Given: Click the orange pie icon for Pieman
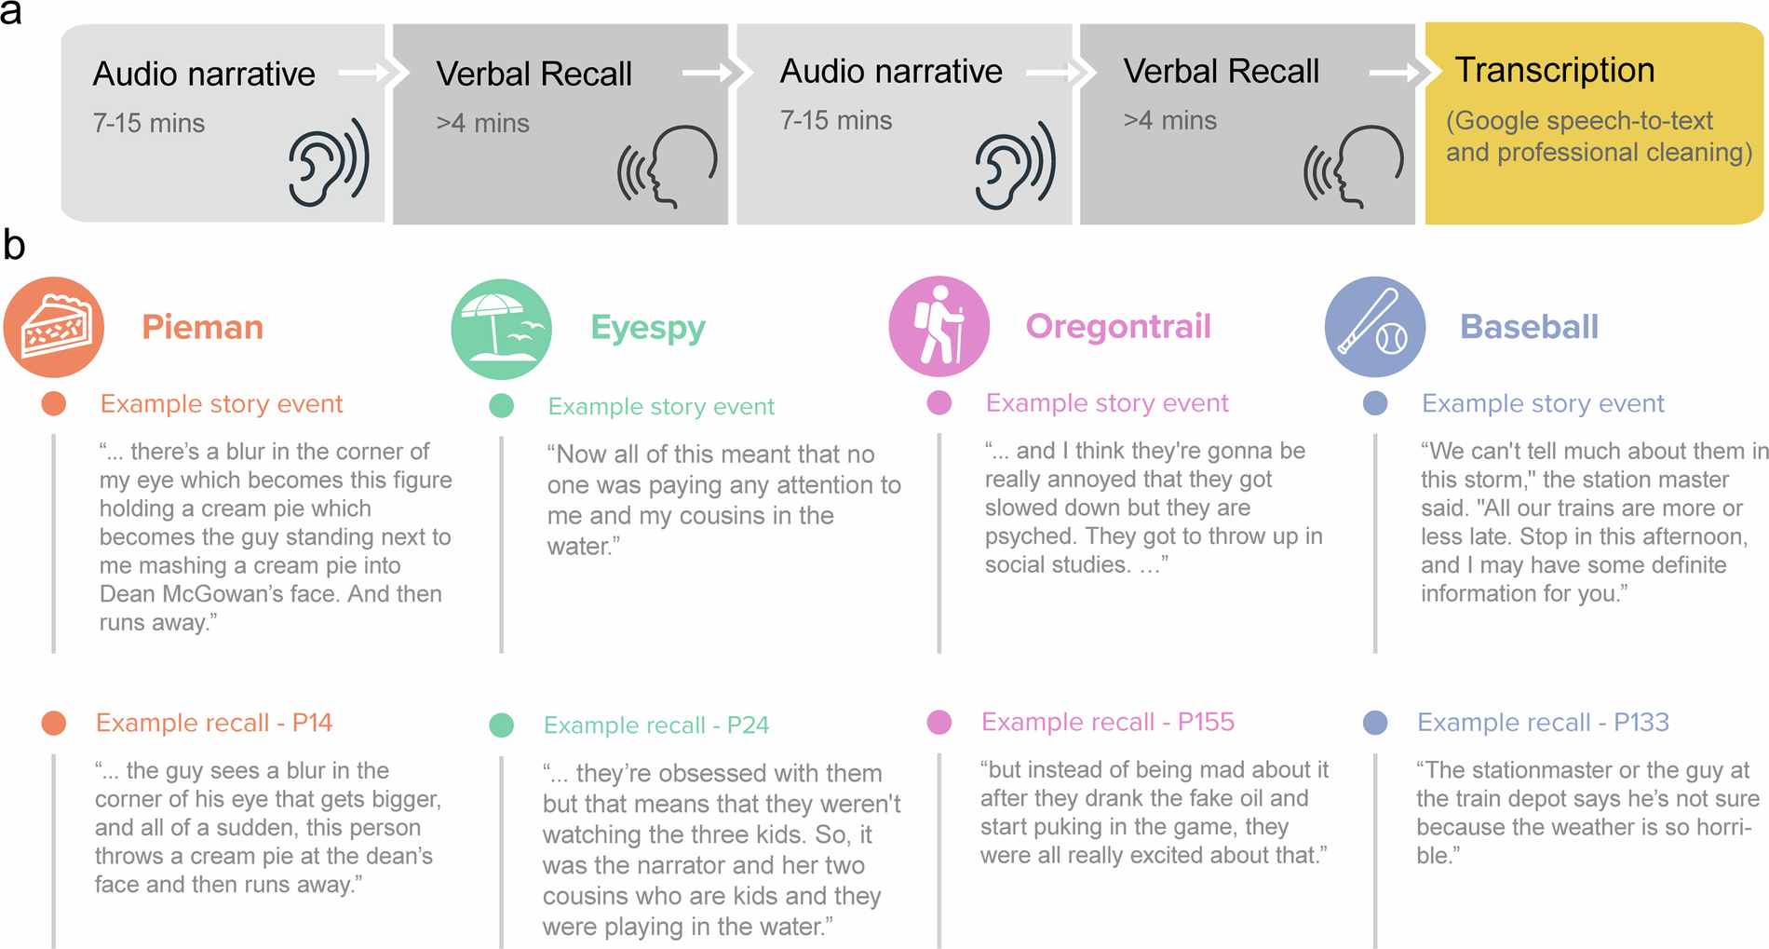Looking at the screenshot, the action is point(54,327).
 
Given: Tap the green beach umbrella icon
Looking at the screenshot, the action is point(501,329).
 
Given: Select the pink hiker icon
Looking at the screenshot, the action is point(939,326).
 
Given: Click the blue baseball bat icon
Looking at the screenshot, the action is point(1374,327).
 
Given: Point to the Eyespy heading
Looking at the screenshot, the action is point(648,328).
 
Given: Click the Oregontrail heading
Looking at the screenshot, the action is point(1117,326).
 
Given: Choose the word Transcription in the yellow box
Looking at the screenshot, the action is point(1554,70).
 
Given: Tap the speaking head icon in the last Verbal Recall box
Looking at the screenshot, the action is point(1354,166).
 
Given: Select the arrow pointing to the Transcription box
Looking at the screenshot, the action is point(1393,73).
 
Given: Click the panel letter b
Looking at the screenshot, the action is point(14,246).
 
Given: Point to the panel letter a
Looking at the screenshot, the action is point(11,13).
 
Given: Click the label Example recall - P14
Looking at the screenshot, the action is point(213,723).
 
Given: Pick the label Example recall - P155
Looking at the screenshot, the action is point(1107,722).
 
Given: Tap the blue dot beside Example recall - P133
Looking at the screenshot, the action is point(1374,723).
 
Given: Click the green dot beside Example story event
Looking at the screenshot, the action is point(501,406).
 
